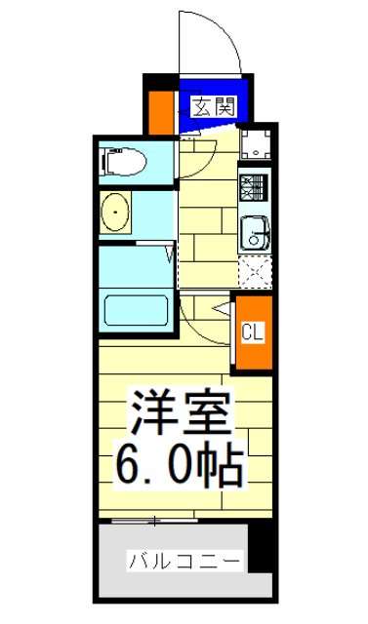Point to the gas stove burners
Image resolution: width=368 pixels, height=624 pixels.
point(255,184)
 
